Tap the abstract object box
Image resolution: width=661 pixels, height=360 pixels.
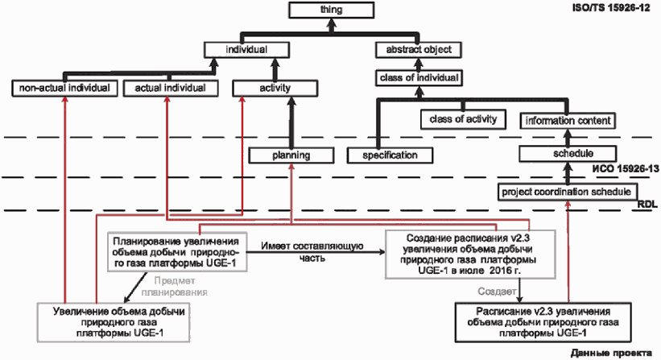click(x=419, y=50)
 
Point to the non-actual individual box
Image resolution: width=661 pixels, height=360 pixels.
click(x=66, y=88)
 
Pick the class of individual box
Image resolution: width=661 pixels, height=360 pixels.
click(x=419, y=78)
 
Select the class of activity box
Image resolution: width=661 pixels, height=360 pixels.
click(x=462, y=120)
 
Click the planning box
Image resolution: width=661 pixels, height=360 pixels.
click(x=291, y=154)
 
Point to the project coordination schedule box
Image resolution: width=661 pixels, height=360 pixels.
click(x=568, y=192)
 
